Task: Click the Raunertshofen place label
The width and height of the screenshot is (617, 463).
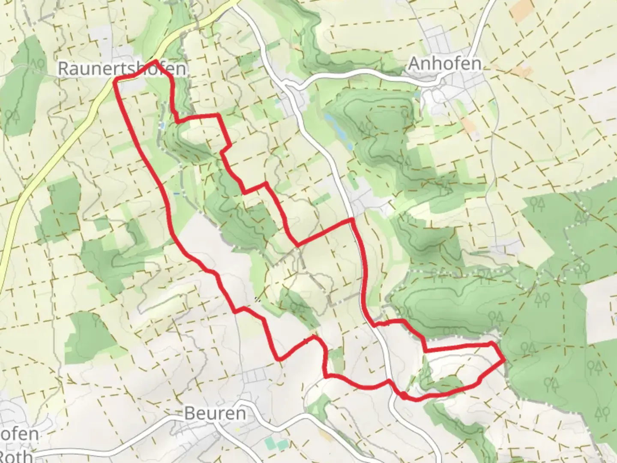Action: point(122,69)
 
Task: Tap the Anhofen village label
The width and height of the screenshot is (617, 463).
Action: point(444,63)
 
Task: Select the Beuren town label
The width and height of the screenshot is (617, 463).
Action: point(215,413)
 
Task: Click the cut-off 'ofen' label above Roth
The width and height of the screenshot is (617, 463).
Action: point(19,434)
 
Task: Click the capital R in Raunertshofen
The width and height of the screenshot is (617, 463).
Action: point(63,69)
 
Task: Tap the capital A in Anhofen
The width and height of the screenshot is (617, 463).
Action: point(414,63)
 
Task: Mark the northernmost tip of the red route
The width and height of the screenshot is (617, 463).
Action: point(155,61)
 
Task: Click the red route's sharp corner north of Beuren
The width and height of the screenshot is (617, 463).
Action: point(279,358)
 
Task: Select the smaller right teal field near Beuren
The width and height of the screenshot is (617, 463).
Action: point(281,445)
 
